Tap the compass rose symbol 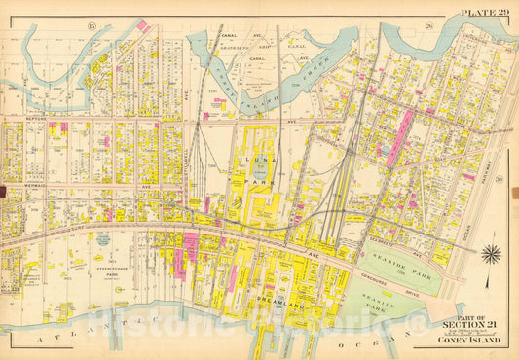pyautogui.click(x=491, y=255)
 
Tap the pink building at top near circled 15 pyautogui.click(x=143, y=24)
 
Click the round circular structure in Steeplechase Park pyautogui.click(x=102, y=238)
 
